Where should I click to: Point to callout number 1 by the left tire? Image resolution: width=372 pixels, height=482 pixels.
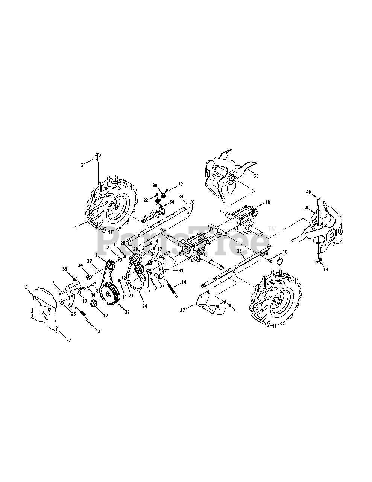76,227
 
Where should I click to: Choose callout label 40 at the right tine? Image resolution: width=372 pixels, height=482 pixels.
308,192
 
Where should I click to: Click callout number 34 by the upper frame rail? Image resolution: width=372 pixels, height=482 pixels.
181,197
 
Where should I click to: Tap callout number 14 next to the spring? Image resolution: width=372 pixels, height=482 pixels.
184,282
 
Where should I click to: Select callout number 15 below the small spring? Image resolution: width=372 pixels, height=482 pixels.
98,331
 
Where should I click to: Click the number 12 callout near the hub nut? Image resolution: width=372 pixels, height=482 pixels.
105,316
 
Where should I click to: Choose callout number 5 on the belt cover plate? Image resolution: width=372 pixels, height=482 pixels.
27,287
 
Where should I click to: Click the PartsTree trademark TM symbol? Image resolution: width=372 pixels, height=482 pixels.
272,229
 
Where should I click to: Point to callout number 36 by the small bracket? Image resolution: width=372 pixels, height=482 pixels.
172,202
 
